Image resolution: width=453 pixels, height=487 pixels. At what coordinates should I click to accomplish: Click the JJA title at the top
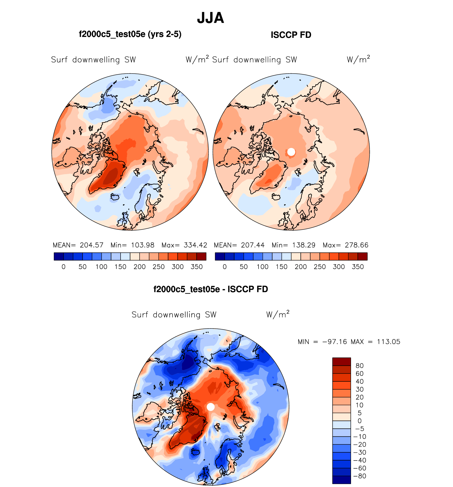(211, 18)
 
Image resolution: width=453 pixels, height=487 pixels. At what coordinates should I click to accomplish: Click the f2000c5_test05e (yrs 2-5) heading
(130, 34)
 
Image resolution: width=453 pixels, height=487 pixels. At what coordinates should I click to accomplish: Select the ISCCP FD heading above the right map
(291, 35)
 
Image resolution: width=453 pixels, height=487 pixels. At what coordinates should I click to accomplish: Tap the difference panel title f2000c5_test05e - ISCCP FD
(211, 289)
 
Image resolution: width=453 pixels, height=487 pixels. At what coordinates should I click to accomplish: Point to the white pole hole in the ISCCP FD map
(291, 152)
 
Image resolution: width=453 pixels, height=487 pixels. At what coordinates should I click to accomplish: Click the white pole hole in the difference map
(211, 407)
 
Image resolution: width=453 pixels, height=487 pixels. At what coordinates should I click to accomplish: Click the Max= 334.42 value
(184, 245)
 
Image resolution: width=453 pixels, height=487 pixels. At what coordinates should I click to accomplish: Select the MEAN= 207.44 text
(239, 245)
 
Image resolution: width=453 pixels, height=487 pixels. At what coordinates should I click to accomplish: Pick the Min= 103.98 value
(132, 245)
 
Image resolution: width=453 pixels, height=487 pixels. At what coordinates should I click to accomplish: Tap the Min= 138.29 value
(294, 245)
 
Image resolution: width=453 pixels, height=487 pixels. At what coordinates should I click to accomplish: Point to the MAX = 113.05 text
(375, 342)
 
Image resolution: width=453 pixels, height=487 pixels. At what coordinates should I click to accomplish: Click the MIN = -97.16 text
(322, 342)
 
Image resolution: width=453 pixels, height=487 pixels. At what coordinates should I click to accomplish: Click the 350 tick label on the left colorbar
(197, 267)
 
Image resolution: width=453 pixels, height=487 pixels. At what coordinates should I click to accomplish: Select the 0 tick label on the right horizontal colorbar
(225, 267)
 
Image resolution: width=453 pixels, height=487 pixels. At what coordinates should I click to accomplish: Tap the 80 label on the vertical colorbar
(359, 366)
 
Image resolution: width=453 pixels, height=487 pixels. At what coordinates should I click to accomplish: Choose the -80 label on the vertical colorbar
(359, 476)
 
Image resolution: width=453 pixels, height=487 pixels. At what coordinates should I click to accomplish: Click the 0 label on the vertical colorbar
(359, 421)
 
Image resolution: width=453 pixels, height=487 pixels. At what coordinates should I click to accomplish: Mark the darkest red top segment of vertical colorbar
(341, 362)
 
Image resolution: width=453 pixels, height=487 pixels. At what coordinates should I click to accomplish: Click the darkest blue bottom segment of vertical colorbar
(341, 480)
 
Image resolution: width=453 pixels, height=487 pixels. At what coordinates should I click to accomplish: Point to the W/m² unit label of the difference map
(278, 314)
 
